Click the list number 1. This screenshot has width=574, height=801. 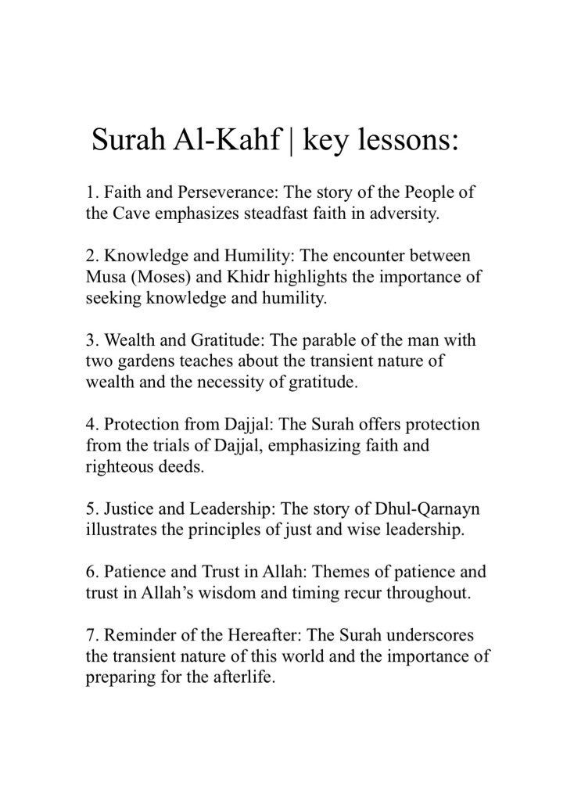(x=91, y=192)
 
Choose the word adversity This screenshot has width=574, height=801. (x=411, y=214)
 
